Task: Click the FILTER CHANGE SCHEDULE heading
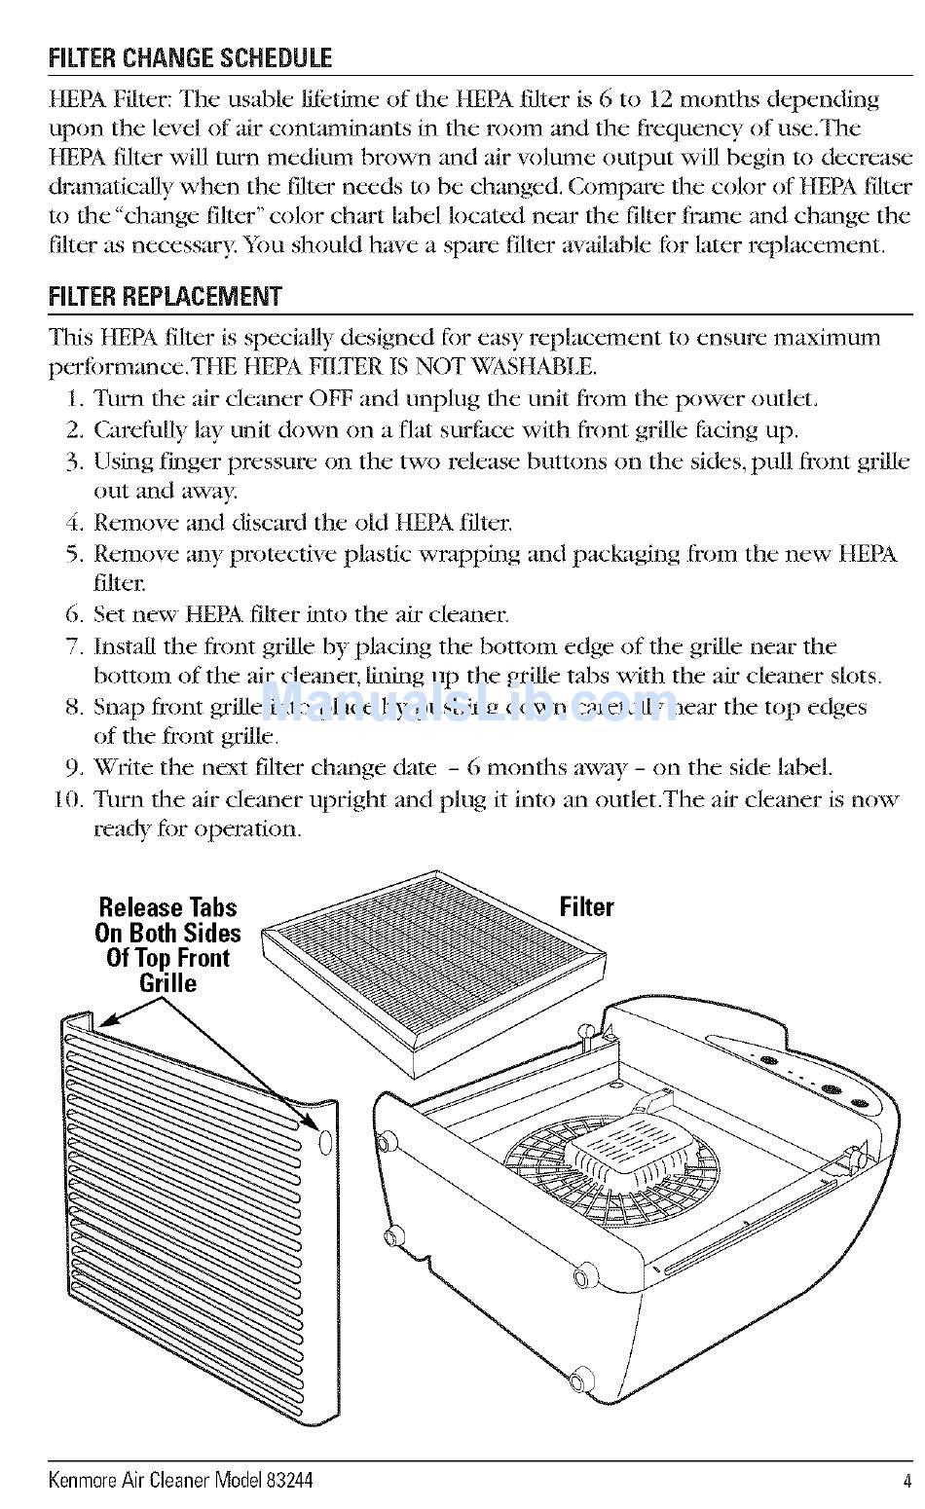tap(191, 58)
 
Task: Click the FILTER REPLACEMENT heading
tap(166, 297)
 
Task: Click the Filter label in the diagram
tap(586, 907)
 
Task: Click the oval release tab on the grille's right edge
tap(326, 1140)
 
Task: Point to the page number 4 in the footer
tap(906, 1482)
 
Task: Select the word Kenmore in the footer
tap(83, 1482)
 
